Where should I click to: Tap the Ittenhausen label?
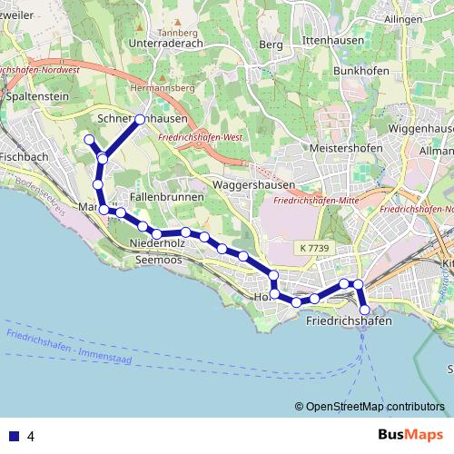tap(333, 42)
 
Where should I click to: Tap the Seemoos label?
tap(159, 261)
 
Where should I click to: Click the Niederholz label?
tap(158, 244)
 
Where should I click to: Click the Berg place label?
tap(271, 43)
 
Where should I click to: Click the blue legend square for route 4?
tap(15, 436)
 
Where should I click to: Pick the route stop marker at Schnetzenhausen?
tap(140, 119)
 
